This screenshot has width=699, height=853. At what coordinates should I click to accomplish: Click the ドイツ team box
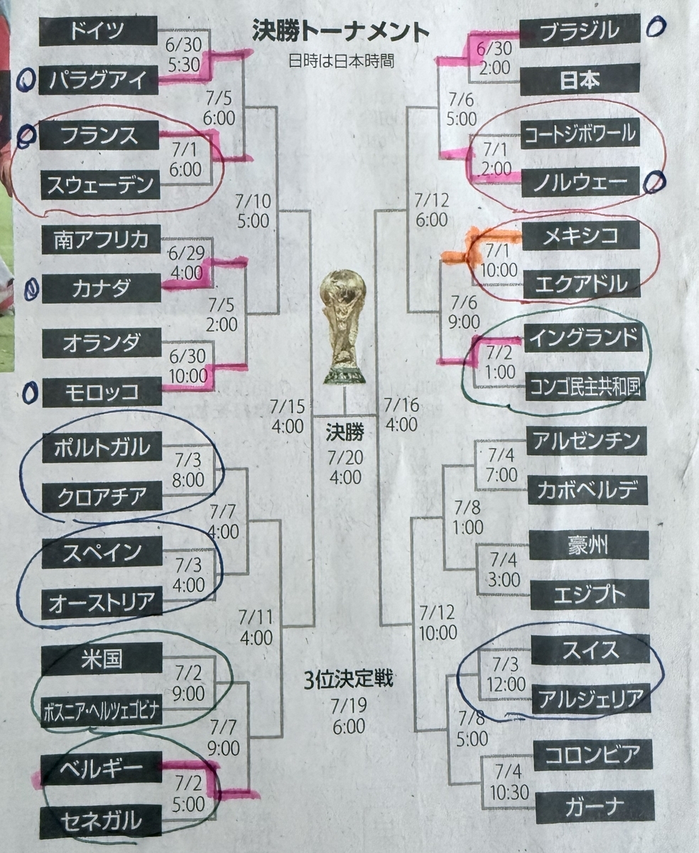[98, 31]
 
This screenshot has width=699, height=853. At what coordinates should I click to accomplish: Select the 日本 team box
[580, 80]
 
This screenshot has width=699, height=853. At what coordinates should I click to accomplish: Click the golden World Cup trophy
[344, 327]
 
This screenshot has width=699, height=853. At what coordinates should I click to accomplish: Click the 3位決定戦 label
[349, 678]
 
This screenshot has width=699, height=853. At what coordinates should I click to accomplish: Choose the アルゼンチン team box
[587, 441]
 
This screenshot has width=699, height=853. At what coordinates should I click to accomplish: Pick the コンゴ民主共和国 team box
[585, 386]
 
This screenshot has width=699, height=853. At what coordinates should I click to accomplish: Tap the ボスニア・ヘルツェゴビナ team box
[102, 710]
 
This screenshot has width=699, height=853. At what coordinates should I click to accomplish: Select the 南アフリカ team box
[102, 240]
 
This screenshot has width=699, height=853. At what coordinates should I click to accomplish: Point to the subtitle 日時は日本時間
[342, 61]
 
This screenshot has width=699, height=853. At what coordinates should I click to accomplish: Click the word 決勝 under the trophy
[345, 432]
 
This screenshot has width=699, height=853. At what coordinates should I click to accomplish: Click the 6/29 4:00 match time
[187, 262]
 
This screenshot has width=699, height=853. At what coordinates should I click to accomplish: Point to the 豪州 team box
[589, 545]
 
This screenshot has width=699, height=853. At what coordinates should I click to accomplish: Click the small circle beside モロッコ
[30, 392]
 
